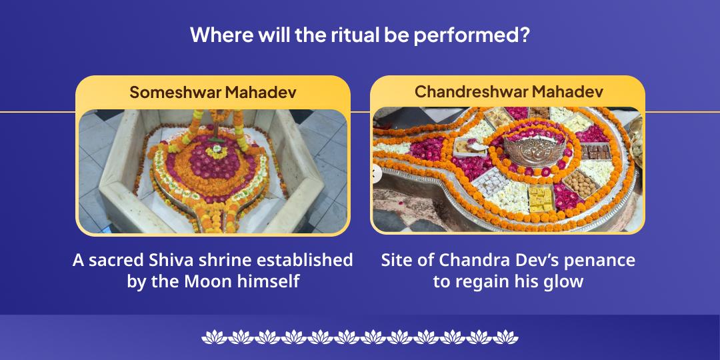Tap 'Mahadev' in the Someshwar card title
(x=261, y=92)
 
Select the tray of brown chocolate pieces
(x=591, y=152)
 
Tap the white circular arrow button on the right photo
(x=376, y=173)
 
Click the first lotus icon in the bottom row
(x=212, y=336)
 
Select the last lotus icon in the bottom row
(x=508, y=336)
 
